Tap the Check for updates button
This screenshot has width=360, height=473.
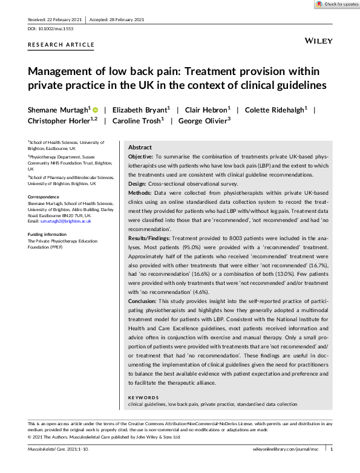coord(337,4)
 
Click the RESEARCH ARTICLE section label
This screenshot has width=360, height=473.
coord(61,45)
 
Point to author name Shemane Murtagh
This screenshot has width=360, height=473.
coord(58,109)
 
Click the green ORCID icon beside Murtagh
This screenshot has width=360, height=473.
coord(96,109)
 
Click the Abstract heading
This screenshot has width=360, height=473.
coord(140,148)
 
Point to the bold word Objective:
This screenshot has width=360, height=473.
coord(141,156)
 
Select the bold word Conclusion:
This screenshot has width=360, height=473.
coord(145,300)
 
